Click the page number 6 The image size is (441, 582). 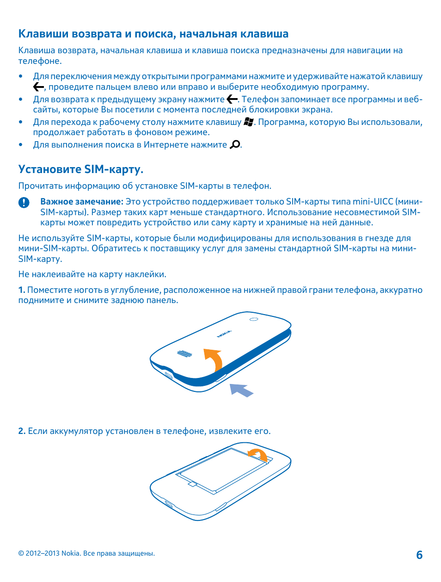click(x=419, y=555)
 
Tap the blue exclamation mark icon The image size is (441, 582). click(x=24, y=202)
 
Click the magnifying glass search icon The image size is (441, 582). click(x=235, y=144)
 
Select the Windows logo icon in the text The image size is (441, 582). click(x=249, y=122)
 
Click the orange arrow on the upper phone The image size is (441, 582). click(x=214, y=359)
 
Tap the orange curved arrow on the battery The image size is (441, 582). click(x=257, y=454)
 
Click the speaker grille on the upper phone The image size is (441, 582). click(x=184, y=354)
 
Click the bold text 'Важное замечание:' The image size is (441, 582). click(x=82, y=202)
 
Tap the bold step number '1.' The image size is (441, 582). click(x=22, y=290)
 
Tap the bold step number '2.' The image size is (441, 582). click(x=22, y=431)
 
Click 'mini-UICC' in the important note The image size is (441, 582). click(x=373, y=202)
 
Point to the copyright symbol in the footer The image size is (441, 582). click(x=21, y=553)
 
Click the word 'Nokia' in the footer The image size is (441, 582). click(x=70, y=553)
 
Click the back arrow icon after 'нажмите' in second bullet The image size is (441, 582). click(x=232, y=99)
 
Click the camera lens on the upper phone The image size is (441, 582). click(x=254, y=319)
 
